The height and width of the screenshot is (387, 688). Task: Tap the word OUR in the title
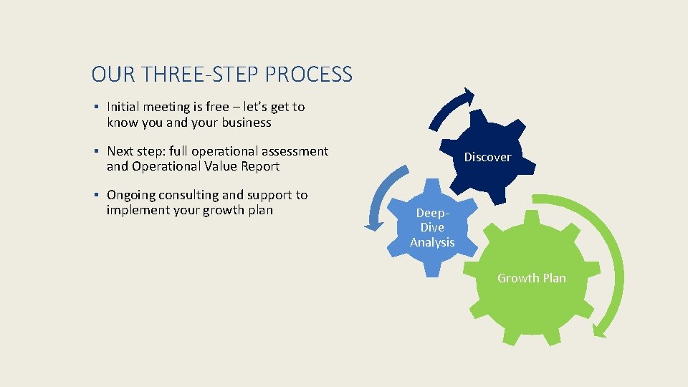click(110, 74)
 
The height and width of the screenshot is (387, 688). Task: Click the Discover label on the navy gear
click(487, 157)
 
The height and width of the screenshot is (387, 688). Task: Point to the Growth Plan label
click(532, 278)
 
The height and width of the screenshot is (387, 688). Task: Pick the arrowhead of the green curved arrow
click(599, 330)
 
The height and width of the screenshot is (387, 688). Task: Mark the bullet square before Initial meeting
click(95, 107)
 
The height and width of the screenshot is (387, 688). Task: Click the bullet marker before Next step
click(95, 152)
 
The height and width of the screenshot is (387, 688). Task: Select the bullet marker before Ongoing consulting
click(95, 196)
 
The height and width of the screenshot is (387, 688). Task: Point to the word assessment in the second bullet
click(295, 151)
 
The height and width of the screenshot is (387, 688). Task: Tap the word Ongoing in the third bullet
click(131, 196)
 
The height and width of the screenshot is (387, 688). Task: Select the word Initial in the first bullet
click(123, 107)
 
